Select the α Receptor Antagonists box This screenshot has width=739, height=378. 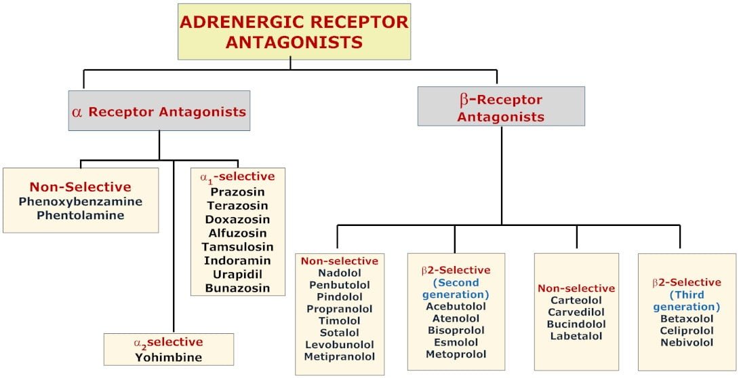tap(159, 111)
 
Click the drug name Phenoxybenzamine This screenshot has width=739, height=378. tap(81, 202)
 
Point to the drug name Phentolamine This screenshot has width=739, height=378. tap(81, 215)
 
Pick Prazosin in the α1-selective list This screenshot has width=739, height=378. tap(237, 191)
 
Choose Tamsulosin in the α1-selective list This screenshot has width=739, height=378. tap(237, 246)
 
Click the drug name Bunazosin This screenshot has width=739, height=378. tap(237, 288)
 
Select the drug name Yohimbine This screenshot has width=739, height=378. tap(168, 356)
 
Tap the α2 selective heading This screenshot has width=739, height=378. tap(168, 342)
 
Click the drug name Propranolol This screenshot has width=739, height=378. tap(340, 309)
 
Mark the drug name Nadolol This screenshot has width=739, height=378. tap(340, 273)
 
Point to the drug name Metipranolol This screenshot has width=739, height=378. tap(340, 356)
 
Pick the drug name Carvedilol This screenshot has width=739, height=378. tap(576, 312)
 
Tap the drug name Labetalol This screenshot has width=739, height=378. tap(576, 336)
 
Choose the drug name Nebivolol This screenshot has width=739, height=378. tap(687, 342)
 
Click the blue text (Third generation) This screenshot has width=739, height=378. tap(687, 301)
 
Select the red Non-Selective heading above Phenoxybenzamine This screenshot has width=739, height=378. tap(81, 187)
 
